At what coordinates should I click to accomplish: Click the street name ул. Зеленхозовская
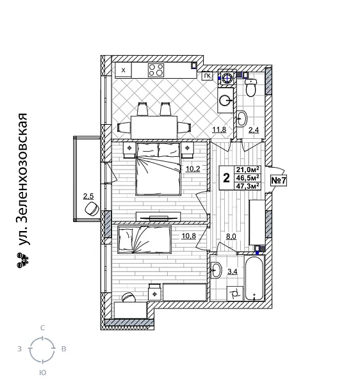coord(23,180)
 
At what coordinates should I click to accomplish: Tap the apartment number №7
coord(279,180)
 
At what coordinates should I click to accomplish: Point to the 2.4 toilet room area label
coord(254,131)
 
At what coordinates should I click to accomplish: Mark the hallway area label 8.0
coord(231,236)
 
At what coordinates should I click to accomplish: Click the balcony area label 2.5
coord(88,196)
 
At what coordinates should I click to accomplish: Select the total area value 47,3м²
coord(248,187)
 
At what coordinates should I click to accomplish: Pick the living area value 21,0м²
coord(248,169)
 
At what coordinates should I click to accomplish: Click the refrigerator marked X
coord(123,70)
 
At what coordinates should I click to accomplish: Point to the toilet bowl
coord(251,88)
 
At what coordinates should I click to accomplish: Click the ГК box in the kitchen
coord(207,76)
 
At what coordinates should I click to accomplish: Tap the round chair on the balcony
coord(91,210)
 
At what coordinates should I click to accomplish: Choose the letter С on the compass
coord(42,328)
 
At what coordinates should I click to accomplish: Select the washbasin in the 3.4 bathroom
coord(216,271)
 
